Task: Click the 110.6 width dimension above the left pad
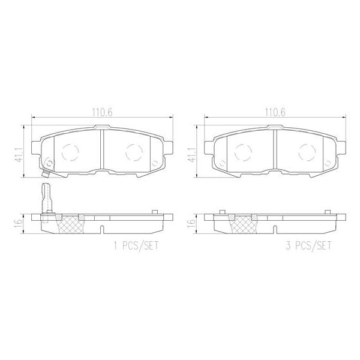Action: click(100, 110)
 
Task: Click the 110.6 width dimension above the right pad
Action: click(274, 110)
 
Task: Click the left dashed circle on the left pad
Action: click(71, 153)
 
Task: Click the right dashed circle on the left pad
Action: click(133, 153)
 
